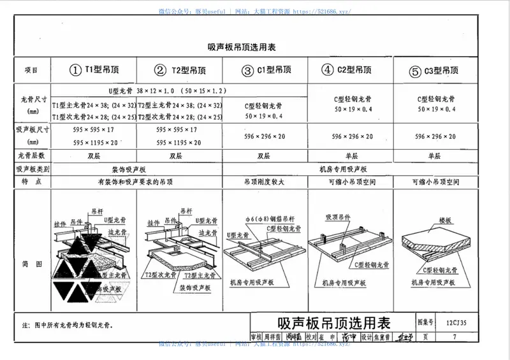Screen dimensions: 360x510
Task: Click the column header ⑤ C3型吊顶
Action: click(x=434, y=70)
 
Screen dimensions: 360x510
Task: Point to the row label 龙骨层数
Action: click(x=31, y=155)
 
